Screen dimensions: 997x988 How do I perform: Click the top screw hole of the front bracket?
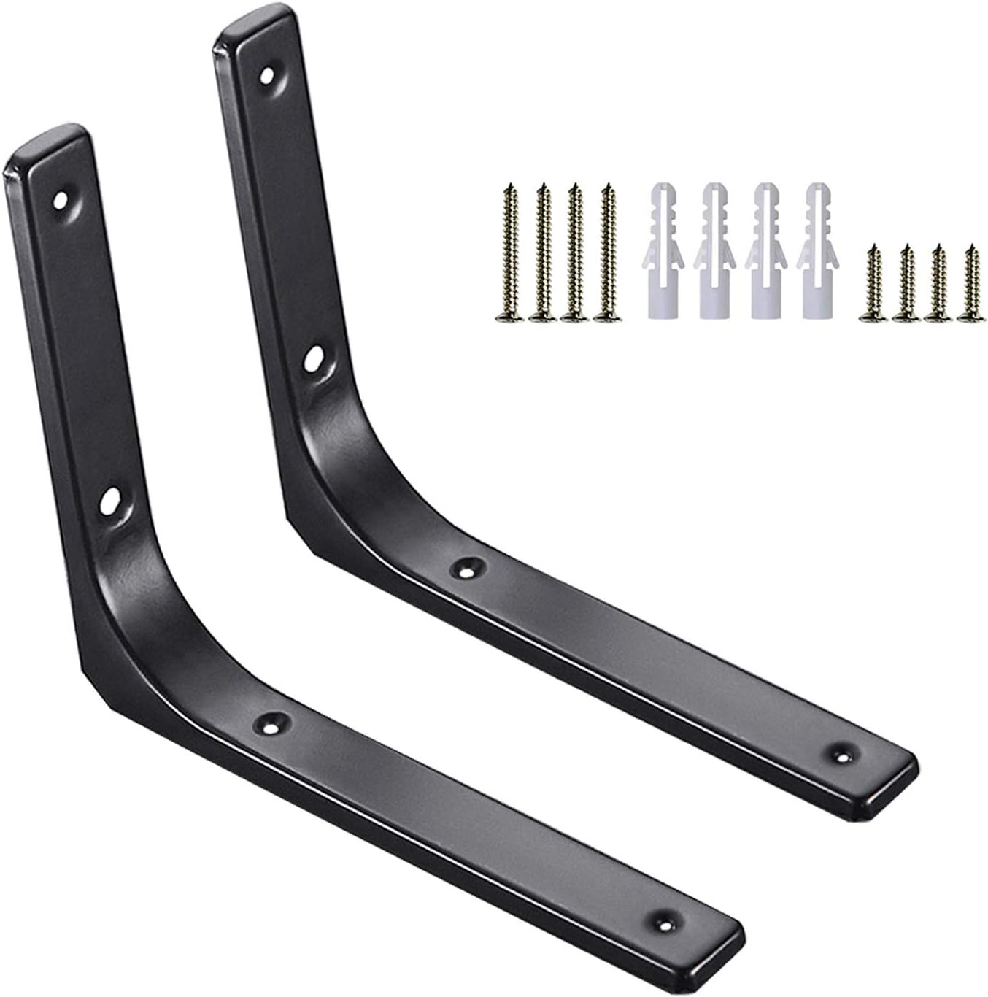pyautogui.click(x=60, y=199)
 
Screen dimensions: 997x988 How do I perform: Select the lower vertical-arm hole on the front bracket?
pyautogui.click(x=111, y=503)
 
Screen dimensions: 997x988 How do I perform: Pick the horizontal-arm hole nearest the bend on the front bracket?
pyautogui.click(x=273, y=723)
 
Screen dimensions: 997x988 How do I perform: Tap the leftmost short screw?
pyautogui.click(x=872, y=284)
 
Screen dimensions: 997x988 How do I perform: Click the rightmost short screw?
pyautogui.click(x=970, y=284)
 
